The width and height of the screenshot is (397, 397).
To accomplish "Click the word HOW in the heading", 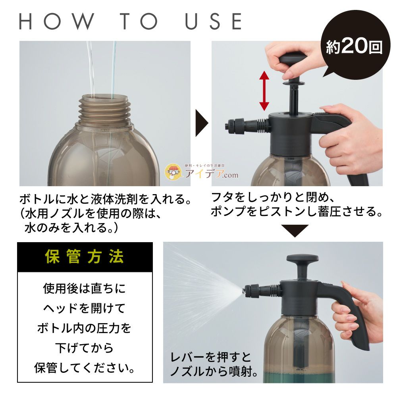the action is click(56, 21).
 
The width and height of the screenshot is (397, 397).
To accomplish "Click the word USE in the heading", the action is click(213, 21).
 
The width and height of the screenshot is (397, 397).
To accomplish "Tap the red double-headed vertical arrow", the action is click(264, 91).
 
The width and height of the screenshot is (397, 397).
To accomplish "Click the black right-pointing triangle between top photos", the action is click(202, 123).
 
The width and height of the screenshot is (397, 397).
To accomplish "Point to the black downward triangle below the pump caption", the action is click(295, 231).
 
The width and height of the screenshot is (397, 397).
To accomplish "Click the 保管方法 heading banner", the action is click(85, 257).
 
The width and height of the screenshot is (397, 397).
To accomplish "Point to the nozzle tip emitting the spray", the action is click(244, 290).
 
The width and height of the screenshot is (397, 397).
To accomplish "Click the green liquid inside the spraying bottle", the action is click(299, 377).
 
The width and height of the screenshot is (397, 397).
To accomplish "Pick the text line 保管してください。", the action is click(85, 368).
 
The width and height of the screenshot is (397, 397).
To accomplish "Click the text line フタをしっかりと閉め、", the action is click(273, 197).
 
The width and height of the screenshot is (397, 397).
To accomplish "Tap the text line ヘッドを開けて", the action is click(84, 308).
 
